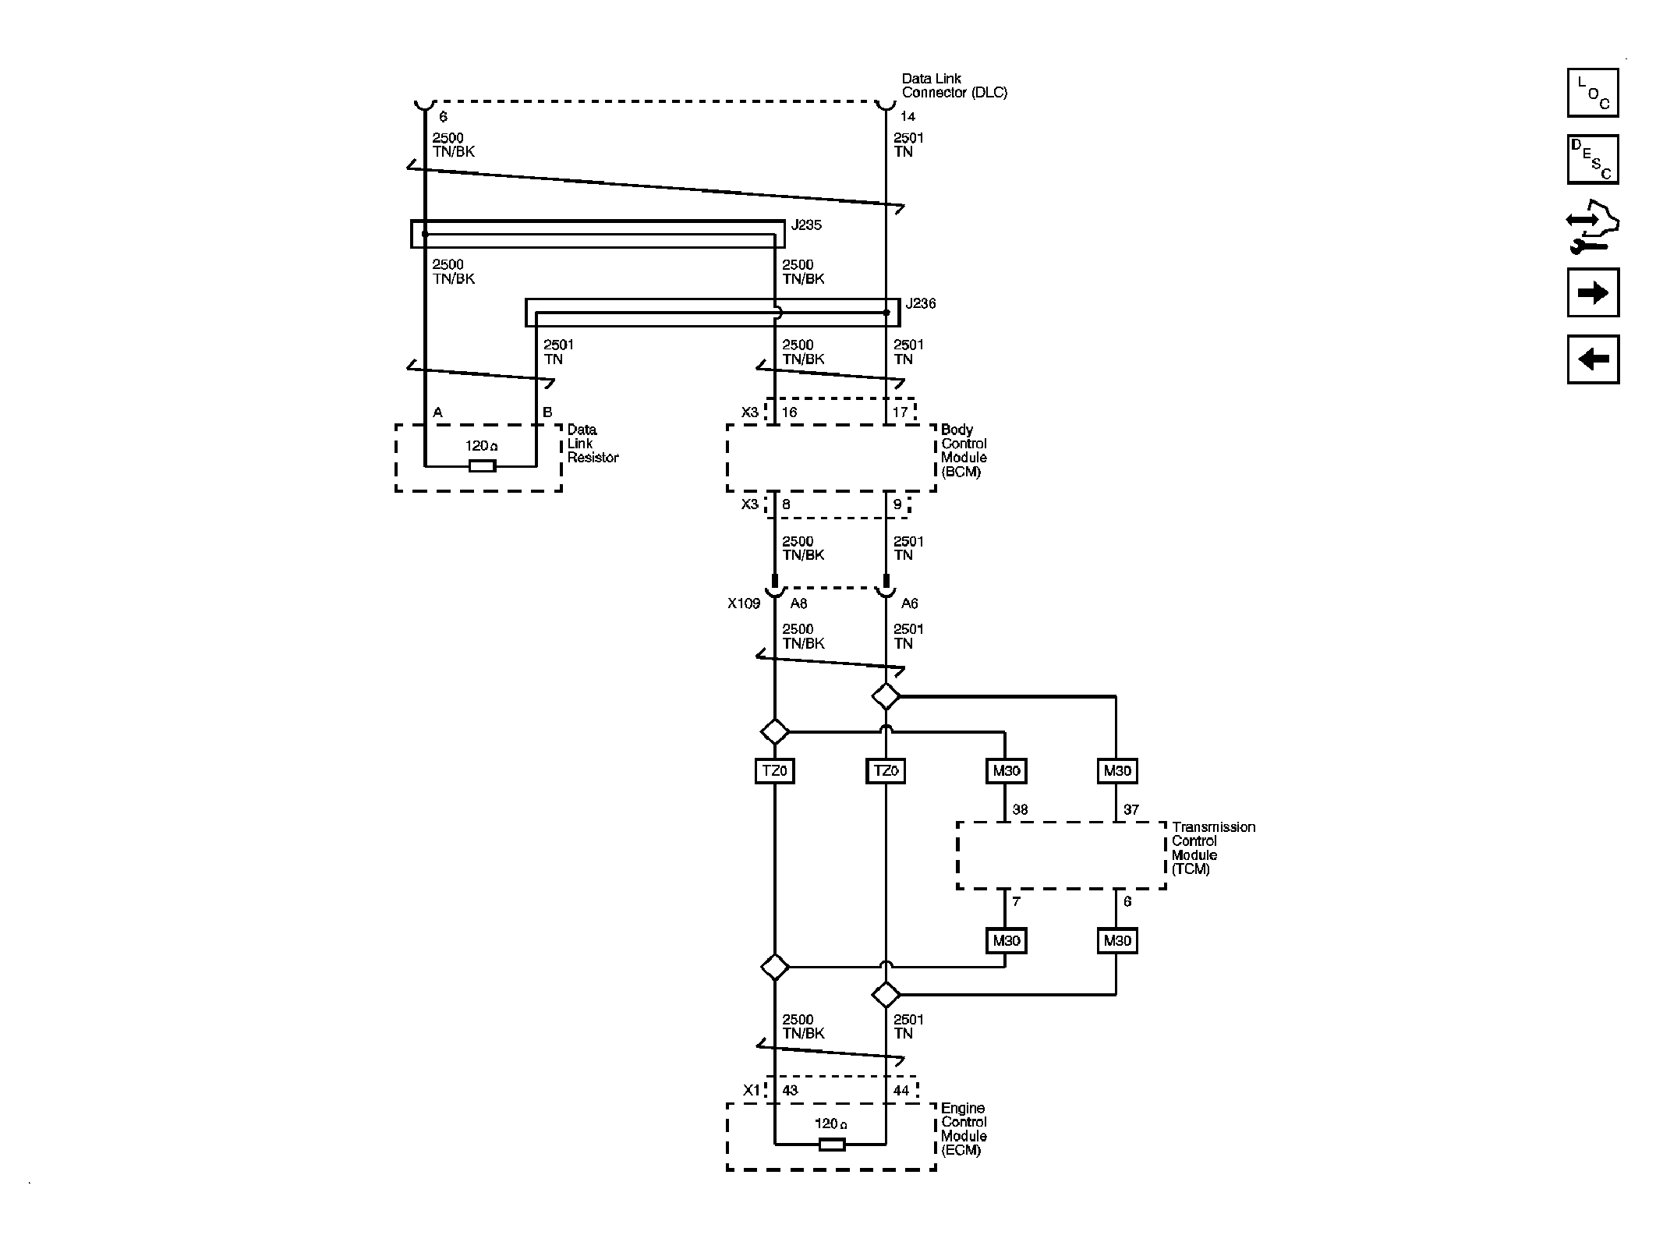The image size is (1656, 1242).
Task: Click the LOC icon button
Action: (1592, 93)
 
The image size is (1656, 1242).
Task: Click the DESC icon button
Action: (1592, 160)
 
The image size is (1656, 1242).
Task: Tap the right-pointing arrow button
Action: (1592, 292)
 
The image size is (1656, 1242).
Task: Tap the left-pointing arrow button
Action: (1592, 359)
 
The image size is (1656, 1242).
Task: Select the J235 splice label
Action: (806, 225)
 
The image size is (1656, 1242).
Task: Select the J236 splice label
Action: (921, 304)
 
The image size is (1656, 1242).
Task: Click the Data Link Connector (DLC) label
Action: (954, 86)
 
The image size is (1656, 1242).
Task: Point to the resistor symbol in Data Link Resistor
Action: (482, 466)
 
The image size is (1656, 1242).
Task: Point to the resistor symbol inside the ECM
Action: (831, 1145)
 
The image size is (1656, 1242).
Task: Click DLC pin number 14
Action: (908, 117)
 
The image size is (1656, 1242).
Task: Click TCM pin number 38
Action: (1020, 810)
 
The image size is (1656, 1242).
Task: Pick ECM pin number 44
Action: (901, 1091)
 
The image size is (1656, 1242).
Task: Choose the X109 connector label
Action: (744, 603)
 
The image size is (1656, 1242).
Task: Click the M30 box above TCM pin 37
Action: (1116, 771)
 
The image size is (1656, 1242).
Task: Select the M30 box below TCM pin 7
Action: (1006, 941)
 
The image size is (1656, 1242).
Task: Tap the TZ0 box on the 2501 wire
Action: (886, 771)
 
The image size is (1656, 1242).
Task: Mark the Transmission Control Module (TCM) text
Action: (1212, 847)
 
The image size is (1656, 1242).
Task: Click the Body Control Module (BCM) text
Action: (964, 451)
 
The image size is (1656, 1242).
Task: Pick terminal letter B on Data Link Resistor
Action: (547, 412)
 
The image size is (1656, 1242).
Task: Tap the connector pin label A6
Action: (909, 603)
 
